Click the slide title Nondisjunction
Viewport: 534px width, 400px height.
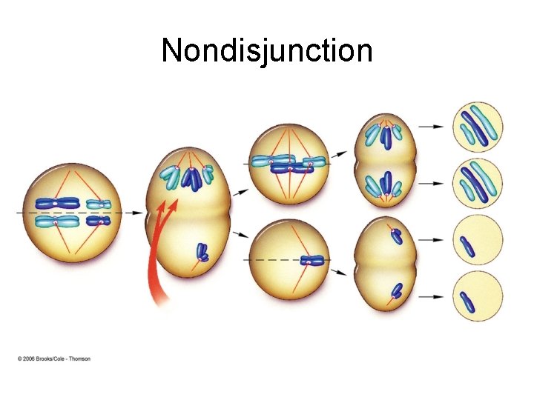267,51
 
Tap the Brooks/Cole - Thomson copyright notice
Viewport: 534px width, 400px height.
55,359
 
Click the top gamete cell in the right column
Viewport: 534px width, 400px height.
478,126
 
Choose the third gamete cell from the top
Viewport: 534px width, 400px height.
478,241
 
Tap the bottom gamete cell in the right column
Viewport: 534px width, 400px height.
478,298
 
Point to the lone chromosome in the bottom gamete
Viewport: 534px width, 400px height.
467,301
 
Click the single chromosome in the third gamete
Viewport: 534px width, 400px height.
467,246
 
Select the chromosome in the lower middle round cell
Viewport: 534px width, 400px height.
310,261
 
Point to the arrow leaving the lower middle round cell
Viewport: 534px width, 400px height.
337,273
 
